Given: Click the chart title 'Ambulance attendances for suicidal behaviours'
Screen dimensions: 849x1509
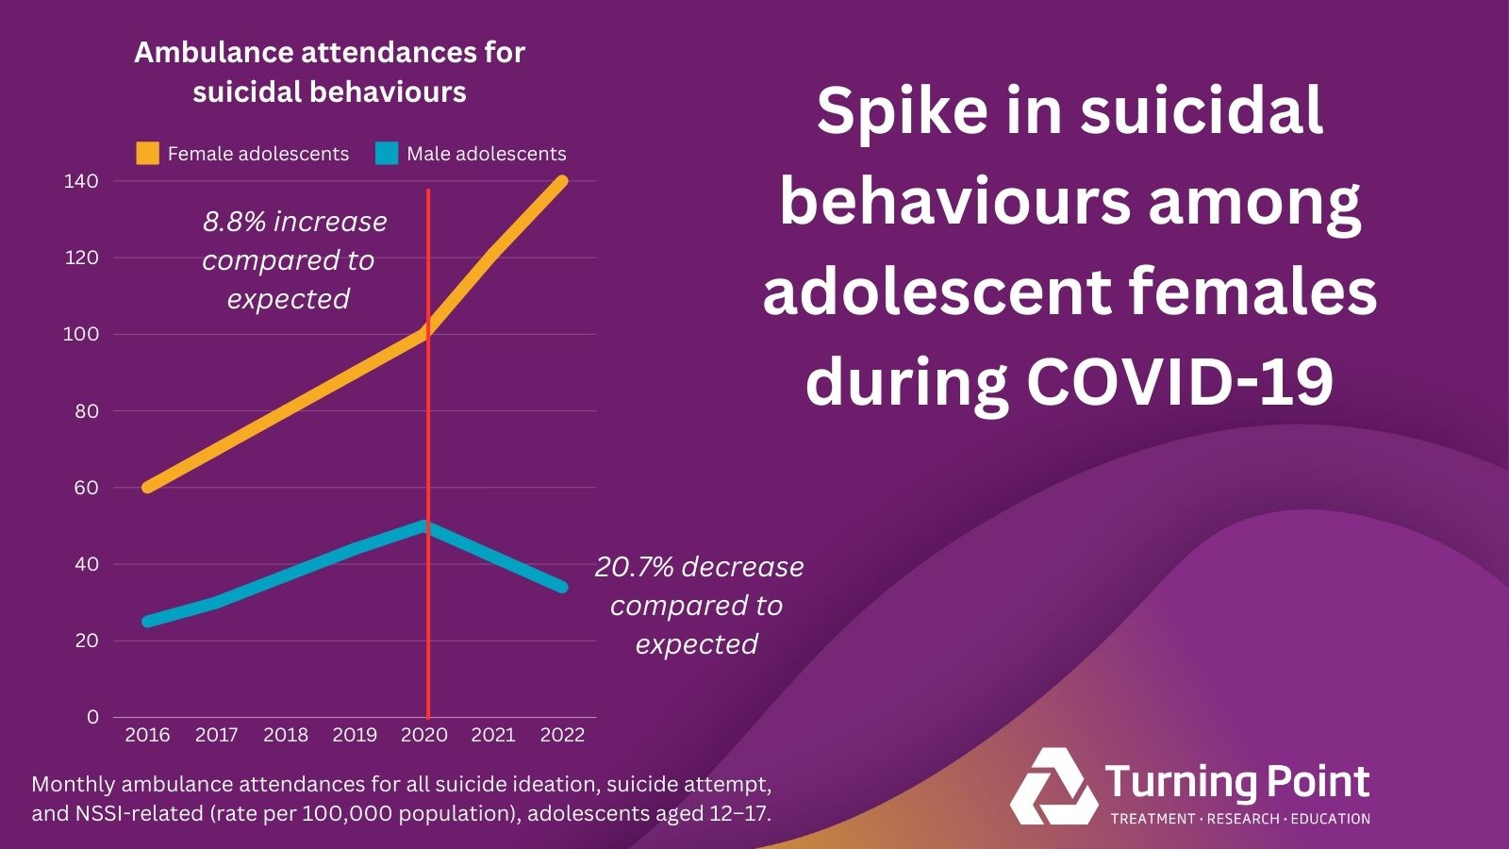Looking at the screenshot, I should point(329,72).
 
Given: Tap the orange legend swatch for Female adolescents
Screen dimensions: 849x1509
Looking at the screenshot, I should point(148,154).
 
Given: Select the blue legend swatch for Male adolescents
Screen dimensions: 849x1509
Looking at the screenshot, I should point(387,154).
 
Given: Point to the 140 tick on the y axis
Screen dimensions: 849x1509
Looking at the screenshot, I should point(81,181).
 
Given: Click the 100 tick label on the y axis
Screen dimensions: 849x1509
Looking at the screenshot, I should point(81,334).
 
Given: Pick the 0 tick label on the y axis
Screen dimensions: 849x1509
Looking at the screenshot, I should point(92,717).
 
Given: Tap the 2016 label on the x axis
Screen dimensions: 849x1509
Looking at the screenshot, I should point(148,735).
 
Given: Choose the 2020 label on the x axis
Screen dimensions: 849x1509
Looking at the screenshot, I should point(424,735).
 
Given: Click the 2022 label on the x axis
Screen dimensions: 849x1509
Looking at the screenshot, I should point(562,735).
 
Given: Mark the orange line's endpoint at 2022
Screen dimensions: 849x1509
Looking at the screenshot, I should point(562,181).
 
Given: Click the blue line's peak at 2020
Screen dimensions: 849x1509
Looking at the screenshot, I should point(424,525).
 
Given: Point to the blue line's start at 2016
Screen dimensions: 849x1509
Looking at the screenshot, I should point(148,622).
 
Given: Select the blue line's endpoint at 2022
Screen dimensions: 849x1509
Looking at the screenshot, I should point(562,587).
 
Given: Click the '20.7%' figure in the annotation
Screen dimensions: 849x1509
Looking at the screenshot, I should point(634,567).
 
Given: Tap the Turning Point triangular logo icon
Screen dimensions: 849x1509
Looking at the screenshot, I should point(1052,787).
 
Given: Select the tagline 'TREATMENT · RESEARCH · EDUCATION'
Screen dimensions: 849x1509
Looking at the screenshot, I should point(1240,819).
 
